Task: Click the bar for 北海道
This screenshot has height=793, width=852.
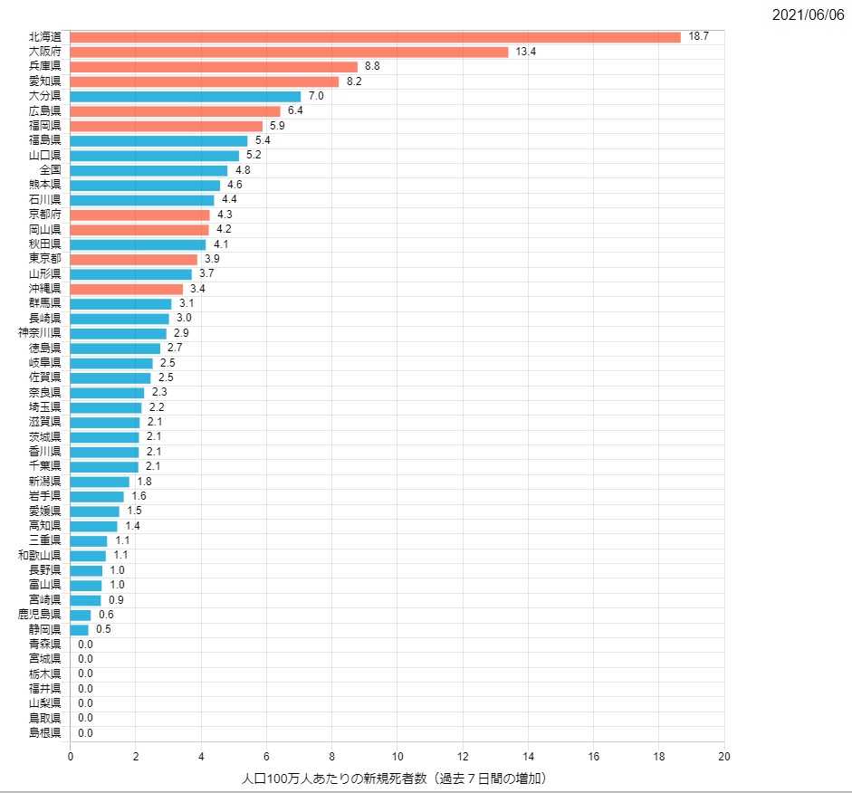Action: pyautogui.click(x=375, y=37)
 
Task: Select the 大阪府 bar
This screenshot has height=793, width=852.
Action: pyautogui.click(x=289, y=52)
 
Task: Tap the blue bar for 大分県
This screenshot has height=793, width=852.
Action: pyautogui.click(x=185, y=96)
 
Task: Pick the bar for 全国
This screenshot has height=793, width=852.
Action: pyautogui.click(x=148, y=170)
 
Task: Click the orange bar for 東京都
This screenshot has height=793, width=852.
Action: pyautogui.click(x=133, y=259)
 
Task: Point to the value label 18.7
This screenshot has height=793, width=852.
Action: pyautogui.click(x=698, y=37)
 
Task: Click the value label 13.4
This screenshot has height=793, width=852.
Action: pyautogui.click(x=526, y=52)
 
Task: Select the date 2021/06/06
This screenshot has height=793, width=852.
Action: pyautogui.click(x=809, y=15)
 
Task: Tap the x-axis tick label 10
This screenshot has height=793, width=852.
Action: pyautogui.click(x=397, y=757)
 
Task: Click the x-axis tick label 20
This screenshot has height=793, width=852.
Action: pyautogui.click(x=724, y=757)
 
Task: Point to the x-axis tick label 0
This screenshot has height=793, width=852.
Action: pyautogui.click(x=71, y=757)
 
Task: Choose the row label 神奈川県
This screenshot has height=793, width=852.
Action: pyautogui.click(x=40, y=333)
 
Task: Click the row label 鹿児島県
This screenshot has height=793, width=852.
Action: pyautogui.click(x=40, y=615)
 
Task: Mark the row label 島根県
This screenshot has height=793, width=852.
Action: pyautogui.click(x=44, y=733)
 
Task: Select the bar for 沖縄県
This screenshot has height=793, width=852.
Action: pyautogui.click(x=126, y=289)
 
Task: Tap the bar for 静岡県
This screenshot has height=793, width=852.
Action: pyautogui.click(x=79, y=629)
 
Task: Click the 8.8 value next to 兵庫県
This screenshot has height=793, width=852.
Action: pyautogui.click(x=372, y=67)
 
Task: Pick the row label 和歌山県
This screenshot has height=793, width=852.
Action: pyautogui.click(x=40, y=555)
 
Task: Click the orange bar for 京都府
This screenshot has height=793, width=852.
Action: pyautogui.click(x=139, y=215)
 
